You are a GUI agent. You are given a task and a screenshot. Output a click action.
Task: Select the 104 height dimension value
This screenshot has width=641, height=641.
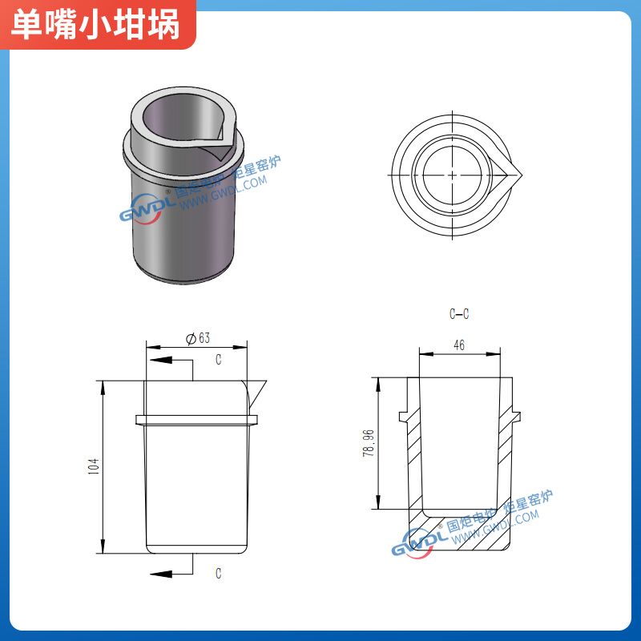[93, 466]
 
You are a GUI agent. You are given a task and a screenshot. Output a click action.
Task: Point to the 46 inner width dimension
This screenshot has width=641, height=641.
[459, 345]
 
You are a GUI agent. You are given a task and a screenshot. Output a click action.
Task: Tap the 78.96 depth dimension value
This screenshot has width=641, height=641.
[369, 443]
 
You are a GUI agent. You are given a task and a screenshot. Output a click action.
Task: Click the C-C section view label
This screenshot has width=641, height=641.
[459, 314]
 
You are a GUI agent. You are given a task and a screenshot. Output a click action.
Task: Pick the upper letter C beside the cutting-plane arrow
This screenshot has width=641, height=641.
[218, 361]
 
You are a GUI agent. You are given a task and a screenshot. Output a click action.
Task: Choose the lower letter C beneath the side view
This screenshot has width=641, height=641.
[218, 573]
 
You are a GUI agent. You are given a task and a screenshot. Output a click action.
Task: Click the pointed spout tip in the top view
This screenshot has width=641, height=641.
[521, 174]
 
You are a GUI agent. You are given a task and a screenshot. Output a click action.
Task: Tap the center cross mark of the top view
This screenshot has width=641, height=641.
[453, 174]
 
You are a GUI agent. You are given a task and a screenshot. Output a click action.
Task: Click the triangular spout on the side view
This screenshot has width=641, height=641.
[257, 390]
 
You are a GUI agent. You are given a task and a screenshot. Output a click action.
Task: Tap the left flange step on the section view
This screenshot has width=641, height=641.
[403, 416]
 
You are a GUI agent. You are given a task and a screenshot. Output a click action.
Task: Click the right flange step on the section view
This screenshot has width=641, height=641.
[515, 416]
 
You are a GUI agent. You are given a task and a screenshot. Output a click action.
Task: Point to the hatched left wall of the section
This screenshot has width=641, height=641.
[413, 457]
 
